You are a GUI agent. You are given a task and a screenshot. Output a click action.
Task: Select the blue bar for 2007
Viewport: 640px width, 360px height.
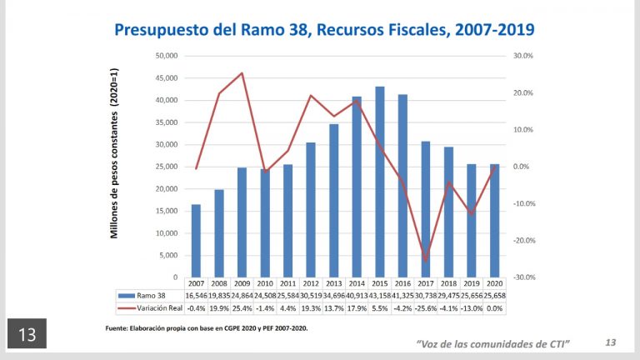196,241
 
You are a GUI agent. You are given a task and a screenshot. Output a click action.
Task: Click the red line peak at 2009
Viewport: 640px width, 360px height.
242,73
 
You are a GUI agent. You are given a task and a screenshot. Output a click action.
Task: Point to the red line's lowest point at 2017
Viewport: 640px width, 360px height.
426,261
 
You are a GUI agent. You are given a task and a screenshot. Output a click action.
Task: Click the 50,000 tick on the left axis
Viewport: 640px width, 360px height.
165,56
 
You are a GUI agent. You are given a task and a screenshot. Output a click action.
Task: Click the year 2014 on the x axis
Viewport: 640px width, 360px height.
357,284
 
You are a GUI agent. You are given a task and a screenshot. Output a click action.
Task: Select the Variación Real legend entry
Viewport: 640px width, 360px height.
150,309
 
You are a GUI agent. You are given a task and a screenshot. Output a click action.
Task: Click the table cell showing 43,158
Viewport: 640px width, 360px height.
380,296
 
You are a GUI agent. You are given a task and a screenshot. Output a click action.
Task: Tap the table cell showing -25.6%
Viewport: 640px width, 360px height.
426,309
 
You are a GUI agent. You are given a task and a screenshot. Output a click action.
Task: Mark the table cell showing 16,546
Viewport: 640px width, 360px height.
196,296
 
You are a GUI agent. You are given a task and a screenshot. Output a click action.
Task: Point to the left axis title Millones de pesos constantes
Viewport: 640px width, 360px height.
116,167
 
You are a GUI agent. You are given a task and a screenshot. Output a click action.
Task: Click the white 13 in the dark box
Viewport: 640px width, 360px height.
26,335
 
